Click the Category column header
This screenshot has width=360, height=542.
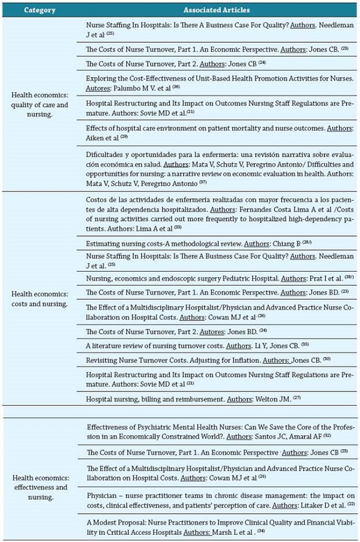pyautogui.click(x=40, y=10)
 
